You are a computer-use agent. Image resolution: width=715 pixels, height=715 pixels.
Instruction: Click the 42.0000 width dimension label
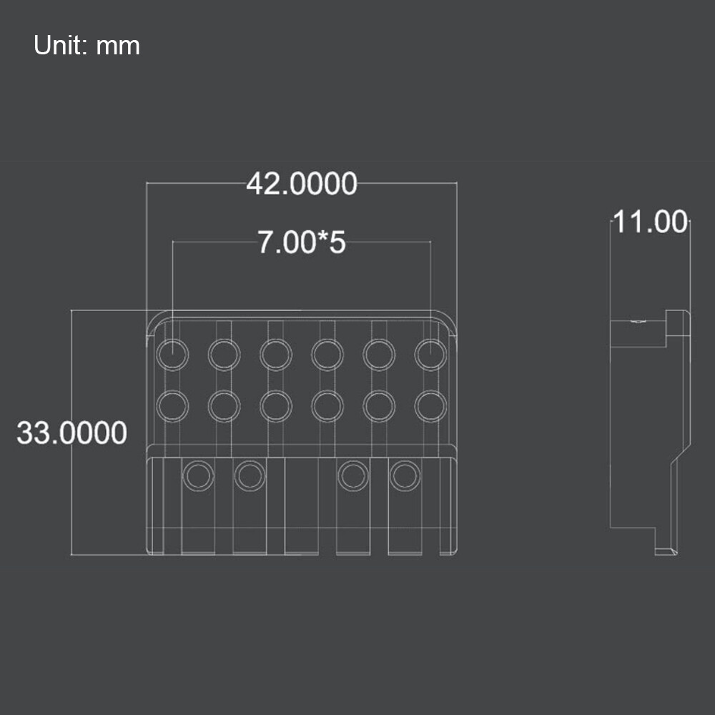tap(301, 184)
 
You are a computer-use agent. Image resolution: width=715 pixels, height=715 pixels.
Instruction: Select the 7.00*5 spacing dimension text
tap(301, 242)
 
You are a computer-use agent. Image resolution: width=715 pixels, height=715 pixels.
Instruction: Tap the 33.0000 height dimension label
tap(71, 433)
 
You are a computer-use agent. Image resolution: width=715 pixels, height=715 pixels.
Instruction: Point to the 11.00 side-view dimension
tap(650, 222)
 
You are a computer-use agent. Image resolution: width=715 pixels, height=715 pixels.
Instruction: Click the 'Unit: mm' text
tap(87, 46)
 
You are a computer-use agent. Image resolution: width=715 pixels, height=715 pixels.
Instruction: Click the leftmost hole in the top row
tap(172, 354)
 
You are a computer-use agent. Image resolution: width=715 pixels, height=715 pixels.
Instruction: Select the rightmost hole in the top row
tap(430, 354)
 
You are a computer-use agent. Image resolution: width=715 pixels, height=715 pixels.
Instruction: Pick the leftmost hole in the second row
tap(172, 405)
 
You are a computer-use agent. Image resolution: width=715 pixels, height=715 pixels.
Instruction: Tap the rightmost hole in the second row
tap(430, 405)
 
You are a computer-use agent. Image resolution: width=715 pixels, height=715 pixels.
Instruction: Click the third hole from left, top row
tap(276, 354)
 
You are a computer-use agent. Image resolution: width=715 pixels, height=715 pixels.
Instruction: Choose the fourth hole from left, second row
tap(327, 405)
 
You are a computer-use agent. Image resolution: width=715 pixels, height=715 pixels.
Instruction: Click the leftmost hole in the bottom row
tap(198, 475)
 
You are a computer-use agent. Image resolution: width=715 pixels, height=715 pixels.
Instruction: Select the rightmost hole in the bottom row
tap(405, 475)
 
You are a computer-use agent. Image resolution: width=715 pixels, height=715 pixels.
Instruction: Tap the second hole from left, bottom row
tap(250, 475)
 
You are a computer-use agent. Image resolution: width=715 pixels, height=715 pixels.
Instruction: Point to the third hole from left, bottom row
tap(352, 475)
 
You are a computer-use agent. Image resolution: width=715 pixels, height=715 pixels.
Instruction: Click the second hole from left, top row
tap(224, 354)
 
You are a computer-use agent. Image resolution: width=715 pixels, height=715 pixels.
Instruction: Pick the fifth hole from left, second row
tap(379, 405)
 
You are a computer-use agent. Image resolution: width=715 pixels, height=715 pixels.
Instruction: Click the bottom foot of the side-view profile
tap(666, 551)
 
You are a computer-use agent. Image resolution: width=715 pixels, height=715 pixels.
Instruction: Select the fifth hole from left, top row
tap(379, 354)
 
